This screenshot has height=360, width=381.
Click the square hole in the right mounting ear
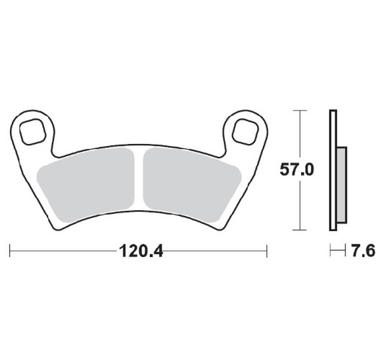(244, 131)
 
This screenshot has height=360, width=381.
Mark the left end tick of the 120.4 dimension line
(10, 251)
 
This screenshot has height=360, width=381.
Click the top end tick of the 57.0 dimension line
(298, 111)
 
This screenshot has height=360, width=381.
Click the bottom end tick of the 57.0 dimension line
(298, 230)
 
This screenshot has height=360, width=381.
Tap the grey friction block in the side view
(342, 184)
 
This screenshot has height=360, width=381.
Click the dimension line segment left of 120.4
(63, 251)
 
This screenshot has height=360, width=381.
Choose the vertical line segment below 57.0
(298, 206)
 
